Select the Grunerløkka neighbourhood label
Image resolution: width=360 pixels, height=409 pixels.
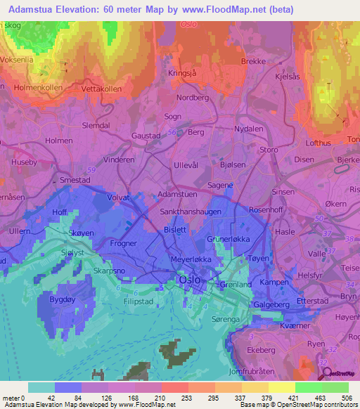pos(229,239)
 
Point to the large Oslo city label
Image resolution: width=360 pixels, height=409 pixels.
pos(190,280)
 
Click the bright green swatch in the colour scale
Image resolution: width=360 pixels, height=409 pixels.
pos(308,387)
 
